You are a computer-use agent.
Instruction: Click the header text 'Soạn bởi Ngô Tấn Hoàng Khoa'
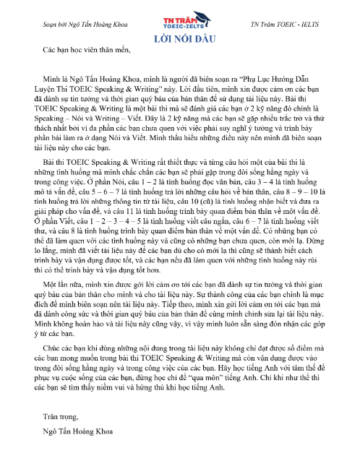77,25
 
